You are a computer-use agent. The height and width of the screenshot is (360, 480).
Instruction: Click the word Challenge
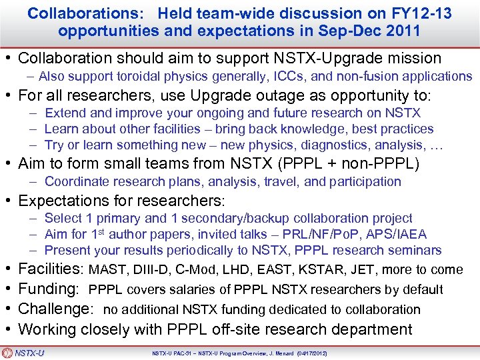(x=57, y=309)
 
